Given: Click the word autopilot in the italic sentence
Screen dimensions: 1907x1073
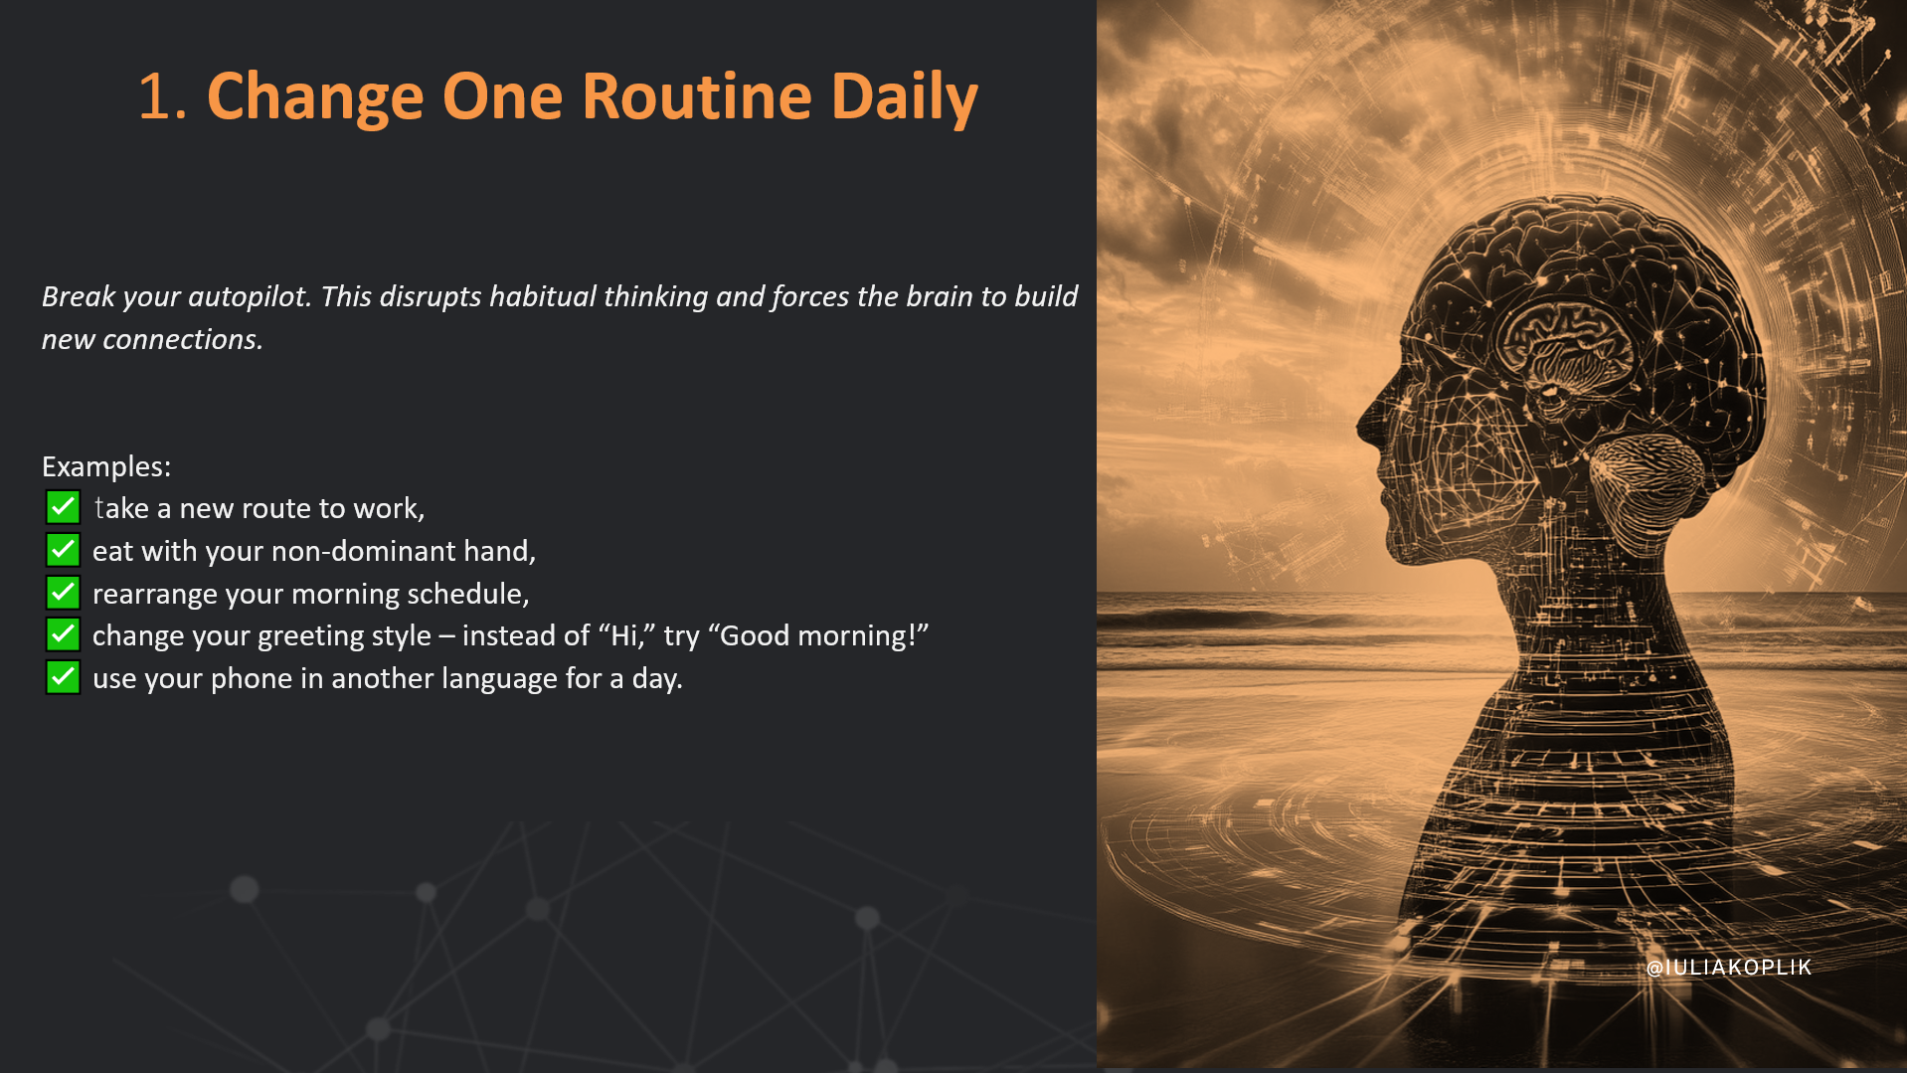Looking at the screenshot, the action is (x=250, y=297).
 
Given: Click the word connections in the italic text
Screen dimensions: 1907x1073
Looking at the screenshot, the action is (x=183, y=339).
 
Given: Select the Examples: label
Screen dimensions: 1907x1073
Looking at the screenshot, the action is (x=106, y=466).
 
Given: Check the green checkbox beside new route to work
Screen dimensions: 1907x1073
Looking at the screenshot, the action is (x=63, y=507).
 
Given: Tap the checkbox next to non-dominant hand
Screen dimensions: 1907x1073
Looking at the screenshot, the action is (x=63, y=550).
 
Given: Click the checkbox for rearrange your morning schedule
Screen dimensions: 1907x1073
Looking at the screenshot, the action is (x=63, y=593).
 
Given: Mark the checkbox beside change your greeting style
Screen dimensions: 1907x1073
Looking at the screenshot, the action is (x=63, y=634).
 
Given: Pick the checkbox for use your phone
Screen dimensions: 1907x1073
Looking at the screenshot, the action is (x=63, y=677).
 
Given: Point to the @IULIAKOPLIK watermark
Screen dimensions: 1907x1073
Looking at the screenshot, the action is (x=1729, y=968).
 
